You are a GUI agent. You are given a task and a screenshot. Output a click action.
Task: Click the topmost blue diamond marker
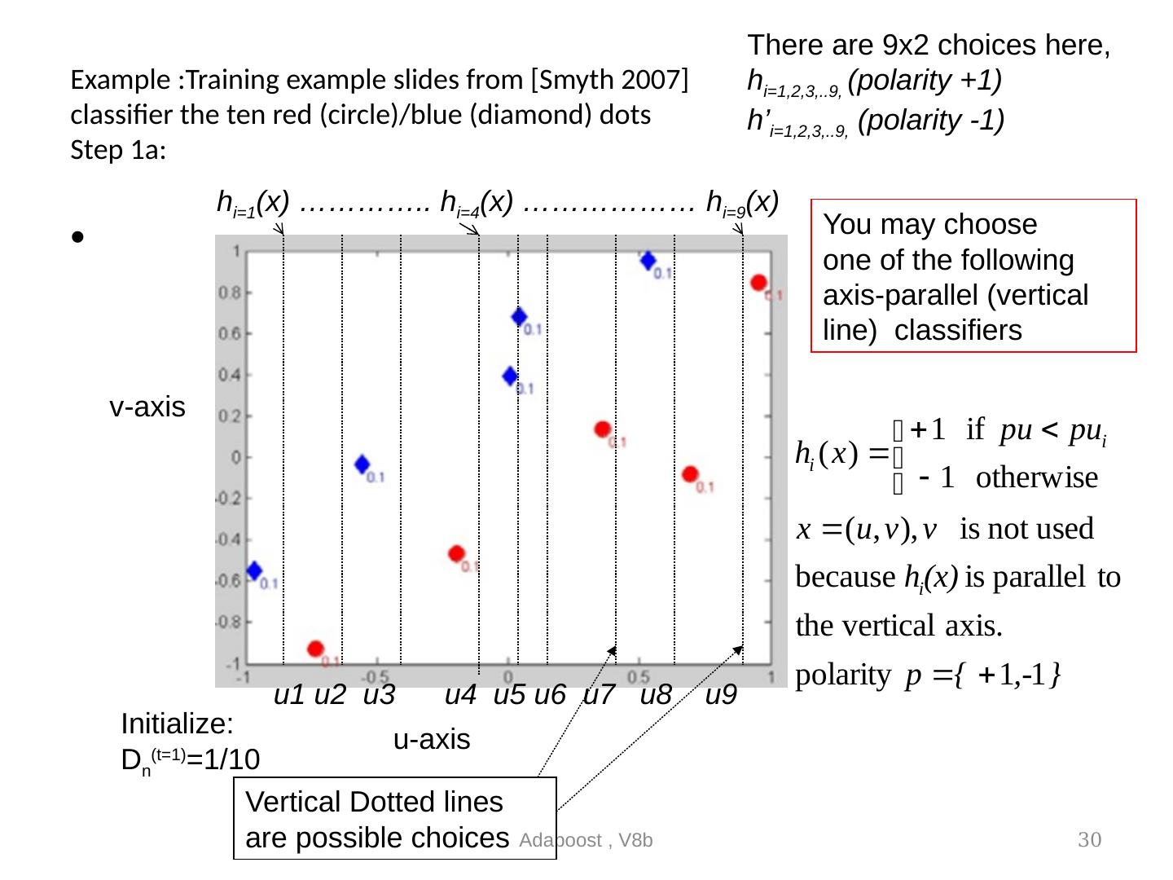[648, 261]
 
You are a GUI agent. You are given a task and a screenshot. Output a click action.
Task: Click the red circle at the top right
[758, 283]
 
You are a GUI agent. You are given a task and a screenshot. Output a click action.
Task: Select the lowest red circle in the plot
[315, 649]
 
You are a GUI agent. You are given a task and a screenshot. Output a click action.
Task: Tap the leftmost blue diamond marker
[255, 570]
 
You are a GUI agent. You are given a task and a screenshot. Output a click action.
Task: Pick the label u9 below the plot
[721, 695]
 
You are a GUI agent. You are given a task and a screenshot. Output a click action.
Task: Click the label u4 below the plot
[460, 695]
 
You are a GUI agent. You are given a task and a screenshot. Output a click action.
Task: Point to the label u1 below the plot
[289, 695]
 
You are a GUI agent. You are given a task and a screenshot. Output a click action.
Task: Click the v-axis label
[147, 407]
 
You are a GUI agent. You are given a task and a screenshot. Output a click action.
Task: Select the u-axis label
[432, 739]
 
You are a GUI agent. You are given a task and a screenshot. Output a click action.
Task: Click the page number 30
[1089, 840]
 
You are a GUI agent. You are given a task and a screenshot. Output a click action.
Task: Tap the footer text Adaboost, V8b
[586, 840]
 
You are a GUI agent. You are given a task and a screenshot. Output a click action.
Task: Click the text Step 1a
[118, 151]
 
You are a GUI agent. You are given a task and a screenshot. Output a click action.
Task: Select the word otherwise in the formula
[1036, 477]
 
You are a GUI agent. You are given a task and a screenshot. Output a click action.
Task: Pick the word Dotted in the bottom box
[415, 802]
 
